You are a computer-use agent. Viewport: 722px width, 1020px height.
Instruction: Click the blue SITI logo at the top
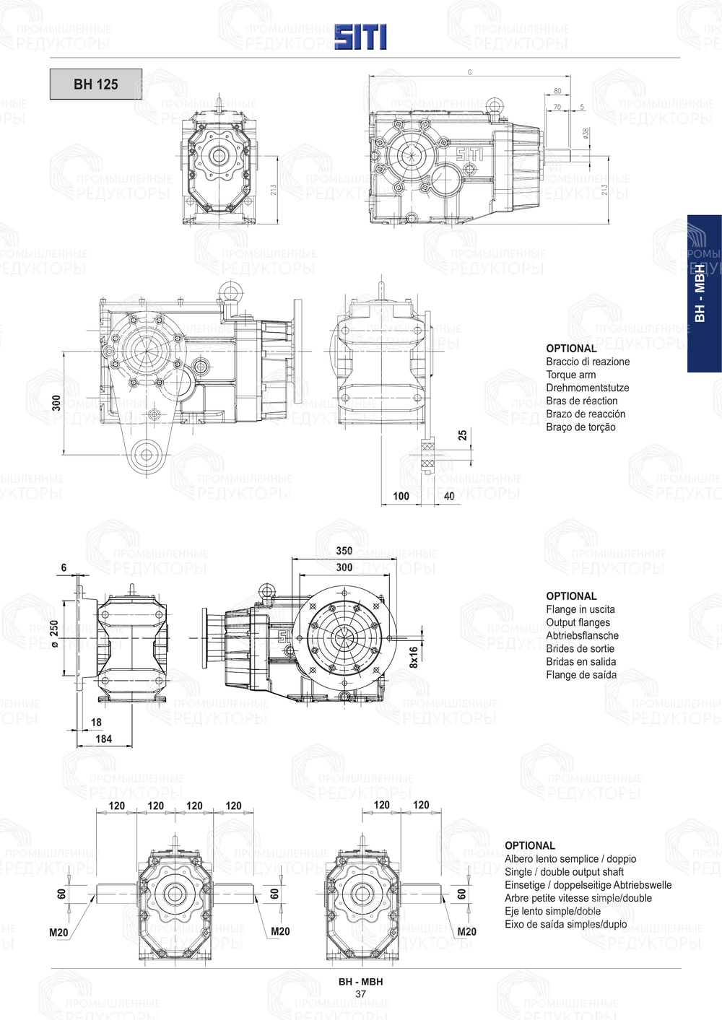[360, 37]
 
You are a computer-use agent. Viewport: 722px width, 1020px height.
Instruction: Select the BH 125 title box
[95, 84]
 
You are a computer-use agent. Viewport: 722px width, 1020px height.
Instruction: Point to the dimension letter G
[470, 72]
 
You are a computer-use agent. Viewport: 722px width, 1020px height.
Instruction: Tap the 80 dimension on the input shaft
[557, 91]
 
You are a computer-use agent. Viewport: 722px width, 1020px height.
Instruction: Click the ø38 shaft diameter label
[586, 134]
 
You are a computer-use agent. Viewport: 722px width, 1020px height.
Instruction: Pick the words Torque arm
[570, 375]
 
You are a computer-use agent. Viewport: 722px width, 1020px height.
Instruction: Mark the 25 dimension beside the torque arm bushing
[463, 435]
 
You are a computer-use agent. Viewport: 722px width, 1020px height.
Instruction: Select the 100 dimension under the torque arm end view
[401, 496]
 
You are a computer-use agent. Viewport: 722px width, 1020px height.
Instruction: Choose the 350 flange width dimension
[344, 551]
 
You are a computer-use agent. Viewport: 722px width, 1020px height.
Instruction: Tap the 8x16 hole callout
[414, 658]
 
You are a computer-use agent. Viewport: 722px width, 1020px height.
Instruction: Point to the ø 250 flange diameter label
[55, 635]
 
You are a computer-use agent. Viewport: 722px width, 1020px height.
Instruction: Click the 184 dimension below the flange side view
[103, 738]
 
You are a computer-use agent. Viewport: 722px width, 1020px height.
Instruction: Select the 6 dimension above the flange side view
[64, 568]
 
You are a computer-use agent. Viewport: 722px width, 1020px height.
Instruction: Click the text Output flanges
[578, 622]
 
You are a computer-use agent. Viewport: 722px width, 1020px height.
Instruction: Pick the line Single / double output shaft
[564, 872]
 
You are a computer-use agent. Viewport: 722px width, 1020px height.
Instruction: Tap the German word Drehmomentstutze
[587, 388]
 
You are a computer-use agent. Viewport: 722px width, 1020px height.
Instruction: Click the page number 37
[360, 994]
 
